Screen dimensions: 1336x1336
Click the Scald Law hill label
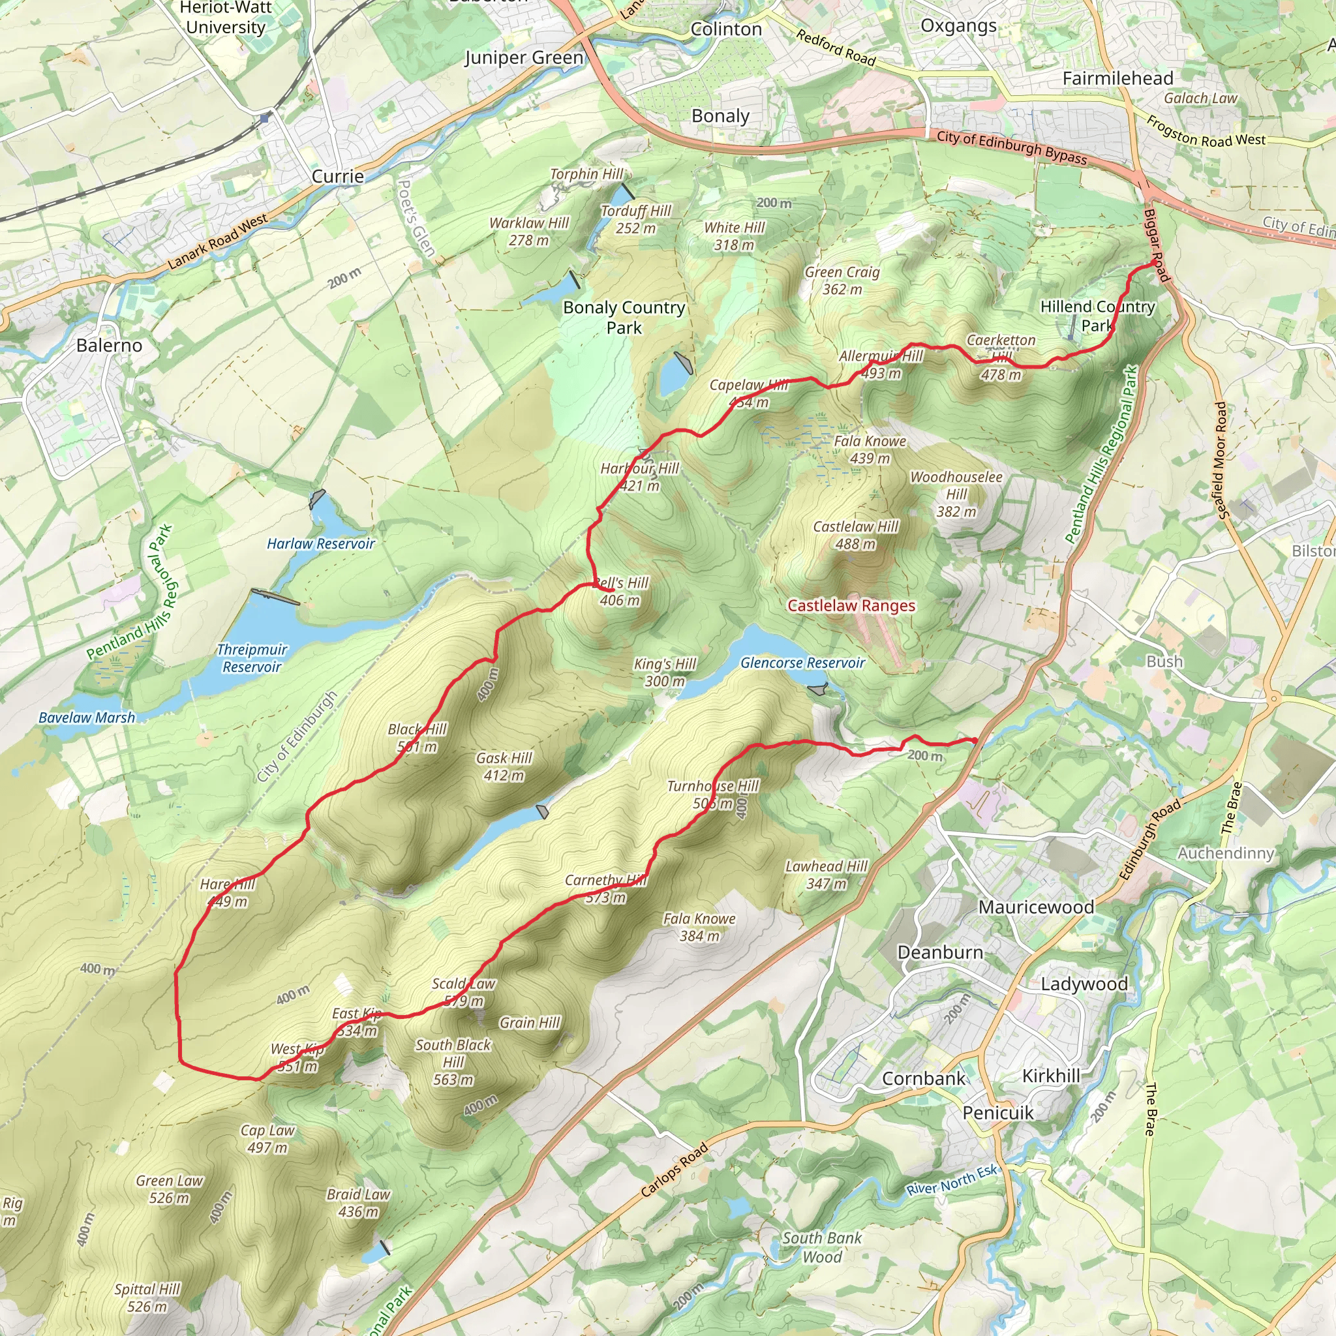[x=463, y=992]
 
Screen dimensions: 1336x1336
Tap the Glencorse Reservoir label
[x=802, y=663]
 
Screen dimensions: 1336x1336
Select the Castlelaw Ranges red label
[x=851, y=606]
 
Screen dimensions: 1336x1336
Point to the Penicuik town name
[x=998, y=1113]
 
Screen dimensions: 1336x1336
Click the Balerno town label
[x=109, y=345]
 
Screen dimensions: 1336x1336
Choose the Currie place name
[x=337, y=176]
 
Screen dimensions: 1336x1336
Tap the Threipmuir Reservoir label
[x=252, y=658]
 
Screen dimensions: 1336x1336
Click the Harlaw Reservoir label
[x=321, y=543]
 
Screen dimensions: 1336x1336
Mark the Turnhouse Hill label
[x=713, y=795]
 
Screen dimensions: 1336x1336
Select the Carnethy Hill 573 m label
[x=606, y=888]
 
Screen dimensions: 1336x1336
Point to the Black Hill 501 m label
[x=417, y=738]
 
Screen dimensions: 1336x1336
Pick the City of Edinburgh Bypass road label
[x=1012, y=147]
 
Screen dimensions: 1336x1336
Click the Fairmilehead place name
[x=1117, y=78]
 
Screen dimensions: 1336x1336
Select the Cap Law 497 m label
[x=267, y=1139]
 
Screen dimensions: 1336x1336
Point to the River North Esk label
[x=952, y=1179]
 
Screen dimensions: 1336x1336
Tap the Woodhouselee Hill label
[x=956, y=494]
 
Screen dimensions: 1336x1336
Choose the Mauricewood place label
[x=1036, y=907]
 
